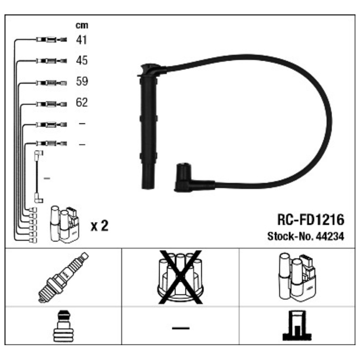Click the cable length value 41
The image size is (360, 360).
pos(82,40)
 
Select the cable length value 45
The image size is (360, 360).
pos(82,60)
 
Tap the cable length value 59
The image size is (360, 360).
pos(82,81)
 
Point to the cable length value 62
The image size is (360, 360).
pos(82,103)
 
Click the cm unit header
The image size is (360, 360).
pos(82,25)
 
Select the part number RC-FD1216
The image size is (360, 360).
pos(311,220)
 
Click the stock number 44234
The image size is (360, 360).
pos(330,236)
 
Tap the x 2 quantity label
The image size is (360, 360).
pos(99,226)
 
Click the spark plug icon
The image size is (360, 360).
pos(63,277)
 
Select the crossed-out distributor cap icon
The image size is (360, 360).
pos(180,277)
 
